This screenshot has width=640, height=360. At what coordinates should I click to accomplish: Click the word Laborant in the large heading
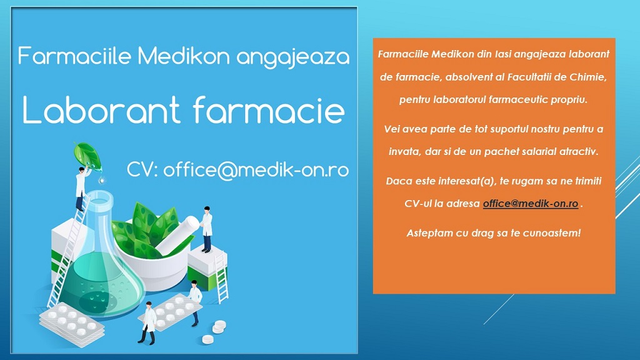101,110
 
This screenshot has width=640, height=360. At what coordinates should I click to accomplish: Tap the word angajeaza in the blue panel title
293,57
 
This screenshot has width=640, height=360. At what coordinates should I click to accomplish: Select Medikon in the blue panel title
184,56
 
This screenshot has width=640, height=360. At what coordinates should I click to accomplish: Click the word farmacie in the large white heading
269,109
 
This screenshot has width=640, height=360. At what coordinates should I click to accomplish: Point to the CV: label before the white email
142,169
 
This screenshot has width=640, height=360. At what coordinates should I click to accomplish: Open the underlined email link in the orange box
530,203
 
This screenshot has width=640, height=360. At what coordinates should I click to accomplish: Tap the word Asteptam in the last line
425,233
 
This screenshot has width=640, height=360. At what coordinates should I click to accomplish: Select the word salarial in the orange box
541,151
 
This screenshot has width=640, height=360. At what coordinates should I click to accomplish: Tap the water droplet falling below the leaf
101,179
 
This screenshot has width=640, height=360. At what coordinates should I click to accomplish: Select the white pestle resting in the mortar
177,235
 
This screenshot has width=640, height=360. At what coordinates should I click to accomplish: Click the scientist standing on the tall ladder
82,187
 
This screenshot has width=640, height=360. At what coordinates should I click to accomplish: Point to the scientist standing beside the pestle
206,229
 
